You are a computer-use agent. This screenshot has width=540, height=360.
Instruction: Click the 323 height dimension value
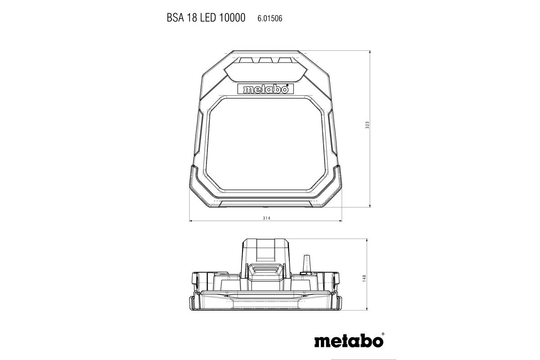coord(367,126)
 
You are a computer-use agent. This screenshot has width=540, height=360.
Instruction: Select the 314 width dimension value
coord(265,218)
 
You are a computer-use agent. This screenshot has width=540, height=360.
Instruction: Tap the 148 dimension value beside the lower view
coord(364,279)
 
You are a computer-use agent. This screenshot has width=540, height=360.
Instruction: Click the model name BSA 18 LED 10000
coord(206,18)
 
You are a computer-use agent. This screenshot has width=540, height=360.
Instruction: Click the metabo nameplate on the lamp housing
coord(265,89)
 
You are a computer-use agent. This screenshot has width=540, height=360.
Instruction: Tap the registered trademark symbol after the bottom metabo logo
coord(382,334)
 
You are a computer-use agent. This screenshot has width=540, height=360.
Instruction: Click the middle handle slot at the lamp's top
coord(265,60)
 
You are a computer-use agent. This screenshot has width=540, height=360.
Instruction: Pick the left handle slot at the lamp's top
coord(247,60)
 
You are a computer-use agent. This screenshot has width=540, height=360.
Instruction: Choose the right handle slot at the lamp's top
coord(284,60)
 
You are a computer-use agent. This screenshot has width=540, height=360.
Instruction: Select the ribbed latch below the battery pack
coord(265,272)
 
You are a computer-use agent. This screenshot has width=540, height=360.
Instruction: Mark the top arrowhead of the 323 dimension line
coord(370,53)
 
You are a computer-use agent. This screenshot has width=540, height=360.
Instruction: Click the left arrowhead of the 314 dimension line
coord(191,221)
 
